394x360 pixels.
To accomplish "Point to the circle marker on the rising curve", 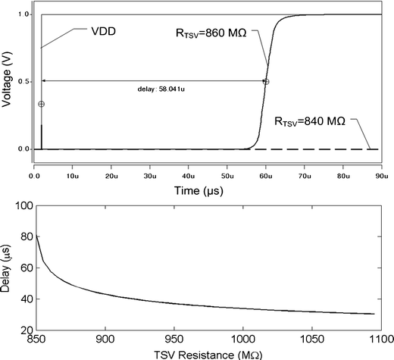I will pos(266,82).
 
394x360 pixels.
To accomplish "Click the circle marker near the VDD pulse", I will pos(41,104).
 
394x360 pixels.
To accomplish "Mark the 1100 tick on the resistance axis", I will pos(379,340).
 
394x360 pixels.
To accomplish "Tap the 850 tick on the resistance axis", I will pos(36,340).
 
